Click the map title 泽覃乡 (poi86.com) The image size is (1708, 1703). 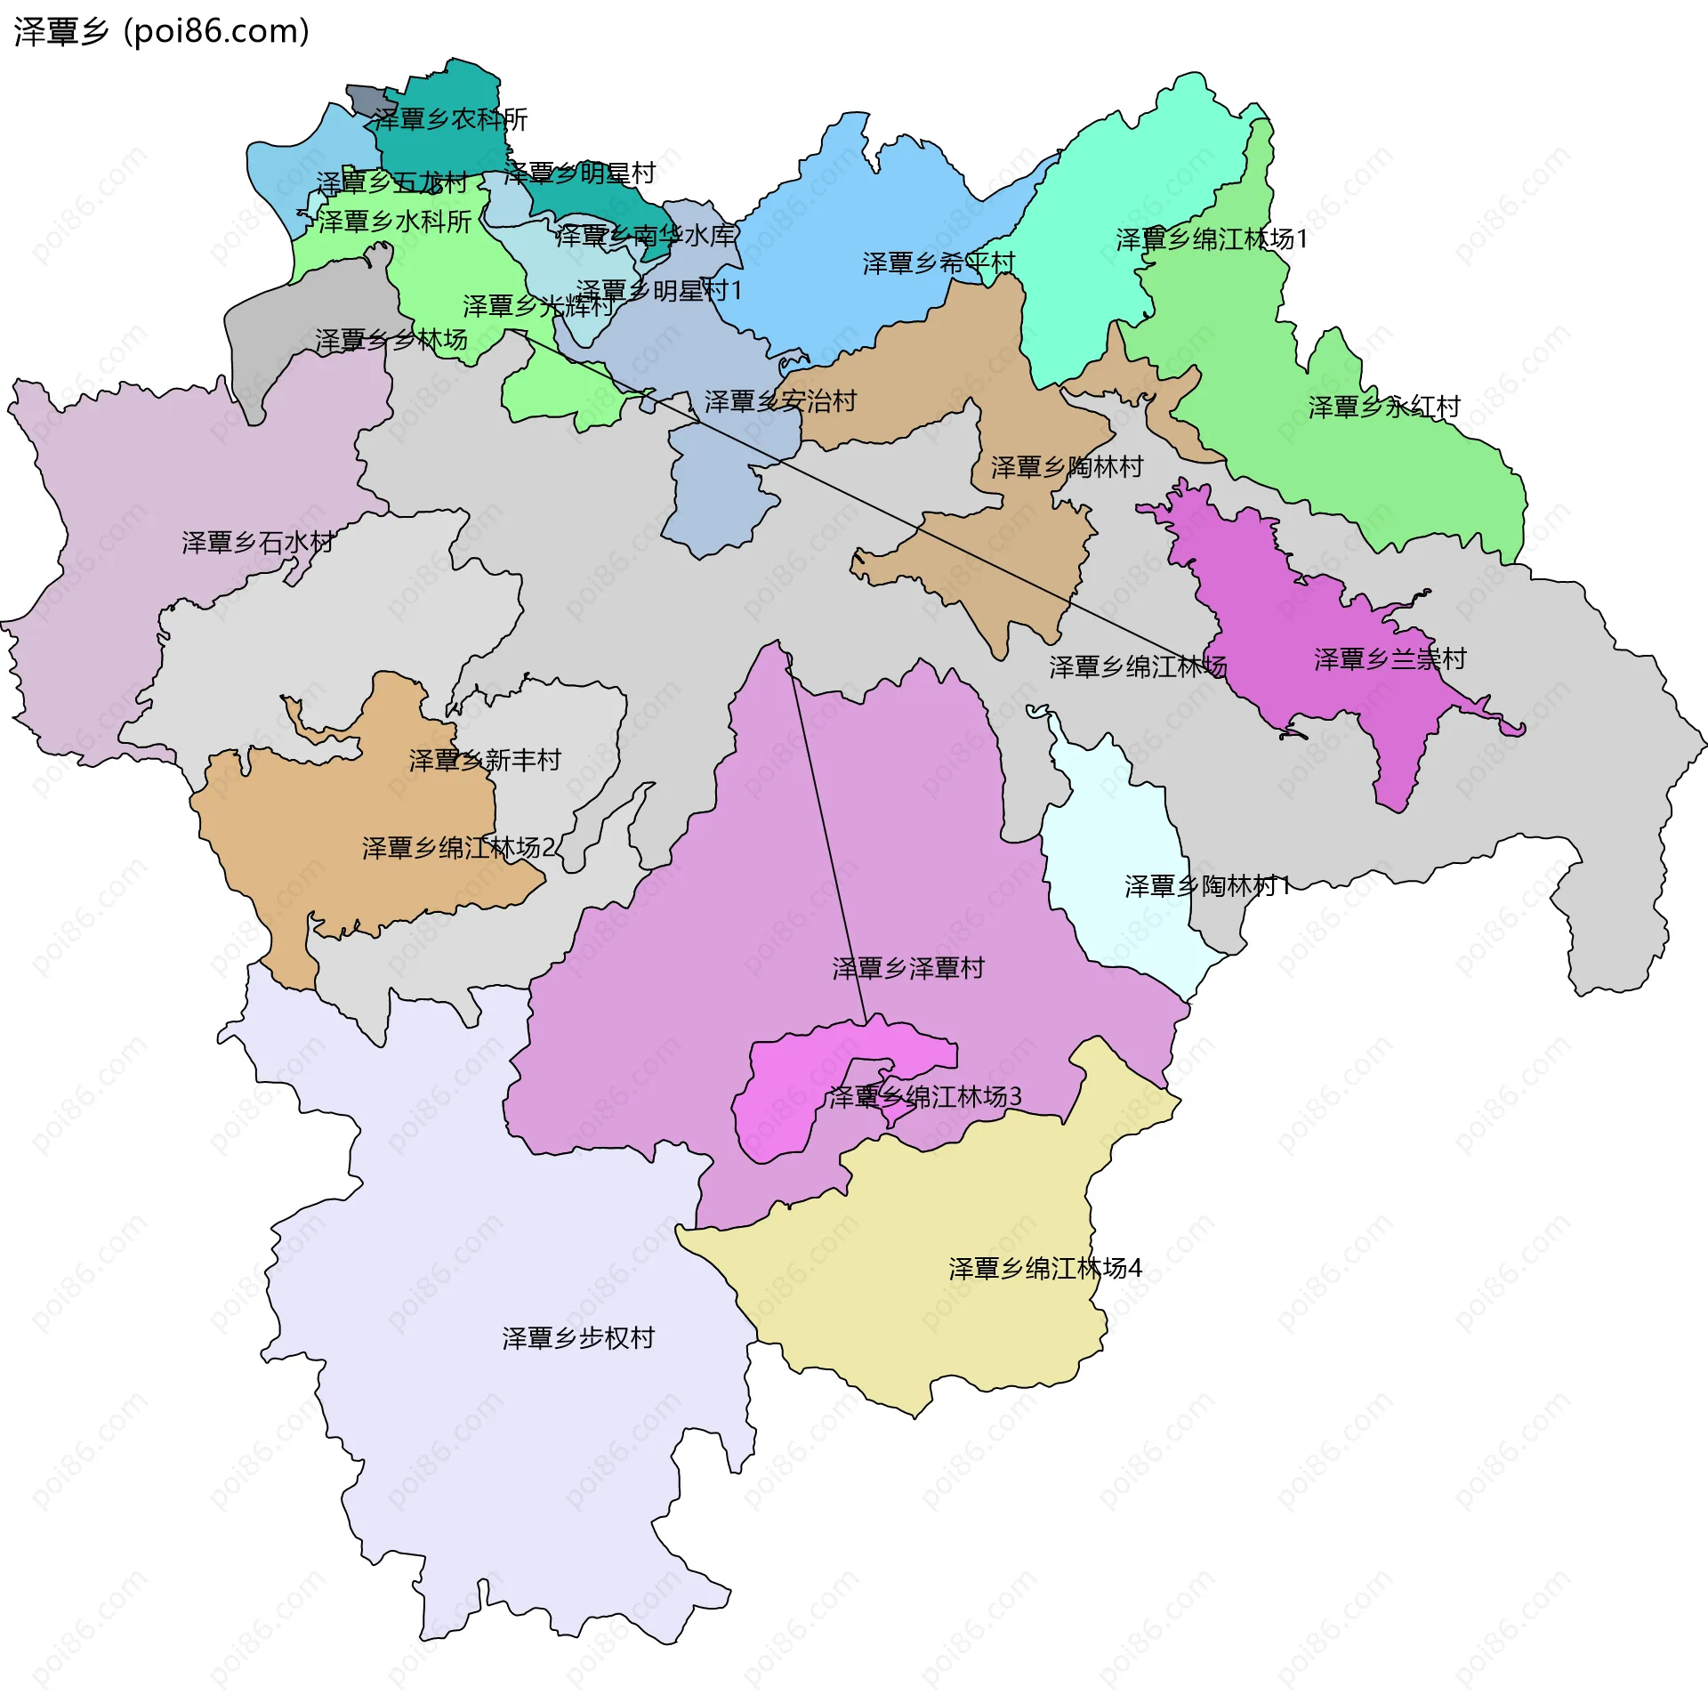pos(161,31)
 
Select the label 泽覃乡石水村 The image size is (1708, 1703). pos(257,542)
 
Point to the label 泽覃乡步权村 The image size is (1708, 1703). pos(578,1337)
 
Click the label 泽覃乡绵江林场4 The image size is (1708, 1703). pos(1044,1268)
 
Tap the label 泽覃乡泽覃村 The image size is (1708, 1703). pos(908,968)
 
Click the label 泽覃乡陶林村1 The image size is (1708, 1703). pos(1207,885)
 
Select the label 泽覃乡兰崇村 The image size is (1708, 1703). pos(1390,659)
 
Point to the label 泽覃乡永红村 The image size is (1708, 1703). pos(1384,407)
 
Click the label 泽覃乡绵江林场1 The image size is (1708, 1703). pos(1212,239)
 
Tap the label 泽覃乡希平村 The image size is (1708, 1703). pos(939,262)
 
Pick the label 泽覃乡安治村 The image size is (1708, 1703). pos(780,401)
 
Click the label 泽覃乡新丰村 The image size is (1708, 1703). pos(485,760)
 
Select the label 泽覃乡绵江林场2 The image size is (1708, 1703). pos(458,847)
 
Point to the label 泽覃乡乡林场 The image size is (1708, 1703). pos(391,340)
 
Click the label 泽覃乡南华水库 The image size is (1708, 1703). pos(645,236)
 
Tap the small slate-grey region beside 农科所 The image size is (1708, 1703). pos(364,98)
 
